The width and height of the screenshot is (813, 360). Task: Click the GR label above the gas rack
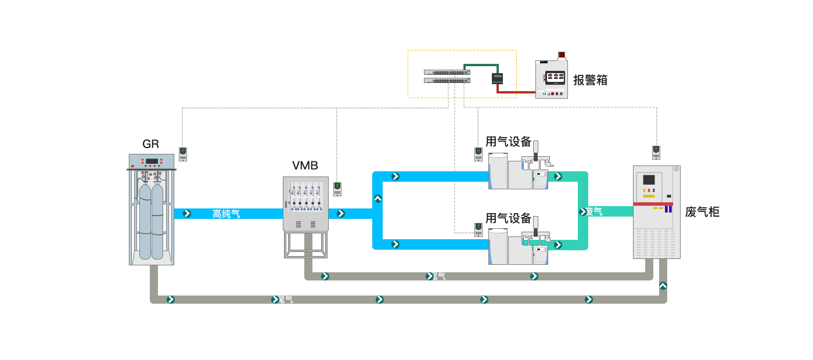150,144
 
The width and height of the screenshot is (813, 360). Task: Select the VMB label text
305,165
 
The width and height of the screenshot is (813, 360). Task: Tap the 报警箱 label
590,80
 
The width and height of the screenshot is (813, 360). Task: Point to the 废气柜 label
702,212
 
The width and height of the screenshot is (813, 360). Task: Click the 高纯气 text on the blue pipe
226,214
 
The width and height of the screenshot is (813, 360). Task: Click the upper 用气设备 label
508,142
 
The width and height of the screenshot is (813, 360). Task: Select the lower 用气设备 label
508,218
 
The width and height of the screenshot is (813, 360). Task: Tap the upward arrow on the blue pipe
378,199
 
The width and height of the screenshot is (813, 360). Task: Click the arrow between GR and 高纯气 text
187,214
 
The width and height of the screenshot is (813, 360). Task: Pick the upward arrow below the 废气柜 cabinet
663,286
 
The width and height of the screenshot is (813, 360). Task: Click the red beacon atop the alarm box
561,55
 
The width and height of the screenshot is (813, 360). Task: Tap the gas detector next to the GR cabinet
183,154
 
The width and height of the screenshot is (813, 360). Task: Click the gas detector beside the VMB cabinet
337,189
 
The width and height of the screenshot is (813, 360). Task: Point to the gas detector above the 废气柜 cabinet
656,152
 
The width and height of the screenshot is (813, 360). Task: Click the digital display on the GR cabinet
152,161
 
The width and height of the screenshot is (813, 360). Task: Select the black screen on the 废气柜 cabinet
649,179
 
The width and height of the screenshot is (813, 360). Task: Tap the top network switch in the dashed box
447,73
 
